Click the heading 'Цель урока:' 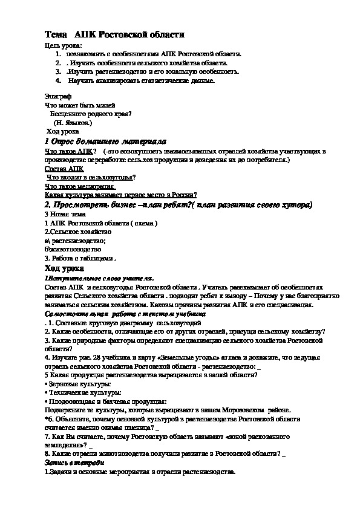pyautogui.click(x=64, y=46)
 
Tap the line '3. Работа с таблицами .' pyautogui.click(x=79, y=258)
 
